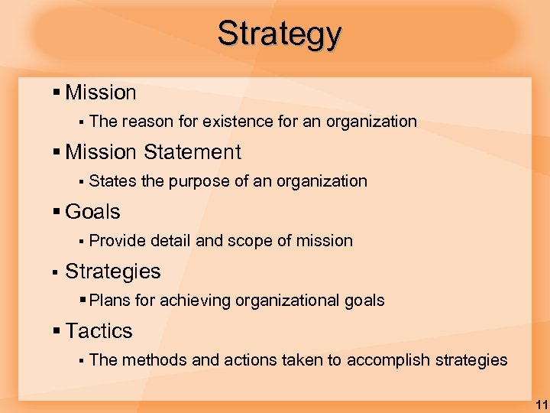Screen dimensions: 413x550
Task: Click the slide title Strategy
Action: click(279, 34)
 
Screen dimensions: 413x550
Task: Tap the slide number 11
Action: click(541, 404)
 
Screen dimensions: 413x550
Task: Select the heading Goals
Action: click(92, 212)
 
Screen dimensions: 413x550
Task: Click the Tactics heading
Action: click(99, 331)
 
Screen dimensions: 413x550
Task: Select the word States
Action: click(112, 181)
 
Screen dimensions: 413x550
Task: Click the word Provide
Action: click(118, 241)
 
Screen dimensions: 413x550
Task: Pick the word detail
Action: click(171, 241)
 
